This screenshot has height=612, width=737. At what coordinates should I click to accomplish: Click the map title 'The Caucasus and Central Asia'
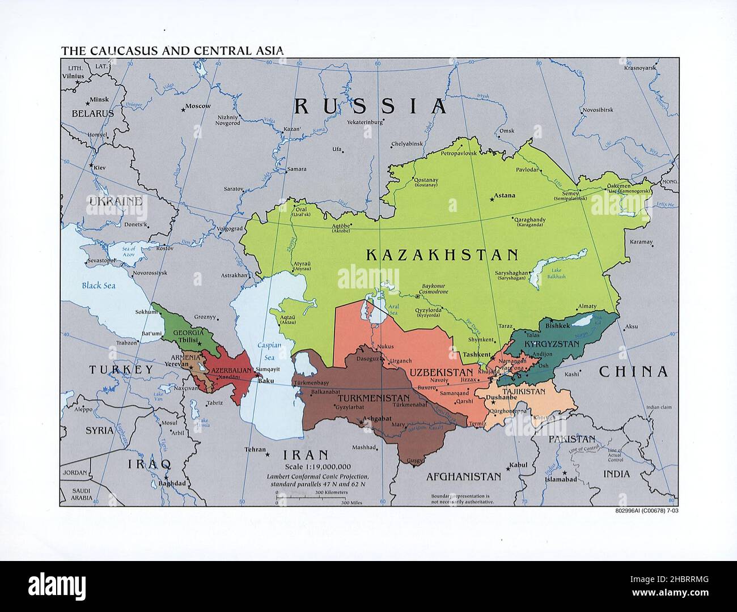pos(172,51)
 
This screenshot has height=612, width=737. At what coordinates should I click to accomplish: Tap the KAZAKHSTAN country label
pos(442,255)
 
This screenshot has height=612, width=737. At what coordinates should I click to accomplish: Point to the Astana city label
pos(505,195)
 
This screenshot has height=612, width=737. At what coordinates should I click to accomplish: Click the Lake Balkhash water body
pos(543,271)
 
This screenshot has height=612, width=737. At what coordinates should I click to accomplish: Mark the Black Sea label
pos(98,286)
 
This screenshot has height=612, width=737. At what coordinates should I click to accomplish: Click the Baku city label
pos(266,381)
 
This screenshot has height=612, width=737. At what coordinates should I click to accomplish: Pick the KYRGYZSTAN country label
pos(552,344)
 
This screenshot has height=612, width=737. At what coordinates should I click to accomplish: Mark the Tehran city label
pos(255,449)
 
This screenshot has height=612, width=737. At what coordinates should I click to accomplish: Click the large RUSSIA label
pos(370,106)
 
